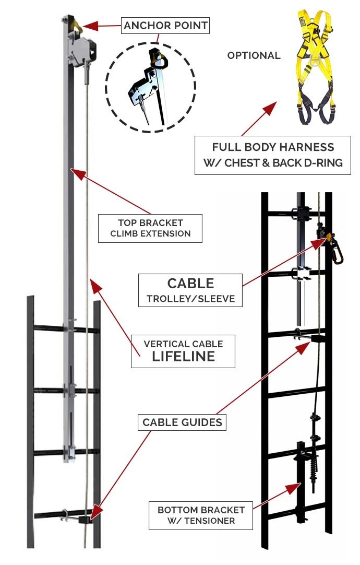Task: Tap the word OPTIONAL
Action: click(254, 55)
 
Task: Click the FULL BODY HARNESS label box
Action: click(273, 155)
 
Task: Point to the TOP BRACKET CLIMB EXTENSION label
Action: click(150, 228)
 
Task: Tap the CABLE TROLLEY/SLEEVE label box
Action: click(190, 291)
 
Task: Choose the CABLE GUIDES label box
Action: click(182, 422)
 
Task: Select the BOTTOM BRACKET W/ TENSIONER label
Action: click(201, 514)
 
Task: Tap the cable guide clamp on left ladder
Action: click(82, 518)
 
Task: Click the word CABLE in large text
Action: click(190, 284)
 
